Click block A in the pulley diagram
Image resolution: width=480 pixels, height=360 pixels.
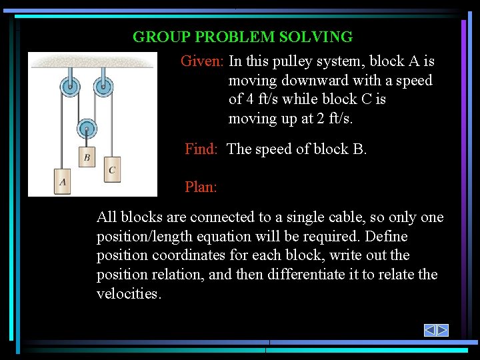(x=63, y=181)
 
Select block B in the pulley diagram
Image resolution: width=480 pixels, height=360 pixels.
(x=87, y=157)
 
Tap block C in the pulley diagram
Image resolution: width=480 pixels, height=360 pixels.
(x=111, y=169)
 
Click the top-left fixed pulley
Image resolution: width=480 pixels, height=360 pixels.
(x=69, y=86)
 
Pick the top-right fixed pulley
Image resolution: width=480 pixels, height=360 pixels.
(x=103, y=86)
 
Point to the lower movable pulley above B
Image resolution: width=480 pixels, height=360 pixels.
(x=87, y=129)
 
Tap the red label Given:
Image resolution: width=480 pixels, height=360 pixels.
(x=203, y=61)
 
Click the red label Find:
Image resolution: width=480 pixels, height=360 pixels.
(x=201, y=149)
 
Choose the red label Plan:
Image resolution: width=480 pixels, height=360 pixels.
(x=201, y=187)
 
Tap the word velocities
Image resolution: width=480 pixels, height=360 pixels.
(x=129, y=294)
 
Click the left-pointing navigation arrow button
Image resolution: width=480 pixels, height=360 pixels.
(x=430, y=330)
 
